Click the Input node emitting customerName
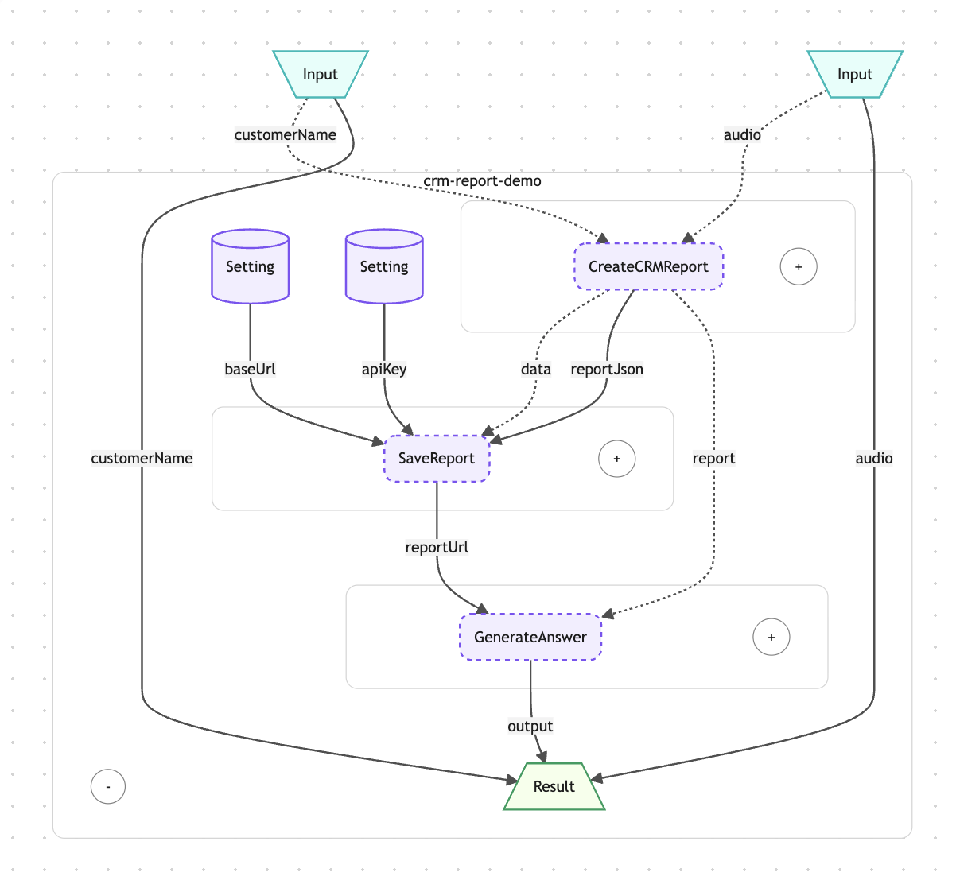[x=320, y=74]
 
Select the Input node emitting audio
[x=854, y=74]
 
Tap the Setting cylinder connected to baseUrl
[x=250, y=266]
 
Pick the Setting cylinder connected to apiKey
[x=383, y=266]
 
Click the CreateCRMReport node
[x=648, y=266]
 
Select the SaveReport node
[x=436, y=458]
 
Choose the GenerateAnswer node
[x=530, y=637]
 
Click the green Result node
[x=554, y=786]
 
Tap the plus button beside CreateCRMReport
[x=798, y=266]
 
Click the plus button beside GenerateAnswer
[x=771, y=637]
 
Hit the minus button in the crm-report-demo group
[x=108, y=786]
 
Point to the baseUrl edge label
[x=250, y=369]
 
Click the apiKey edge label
[x=383, y=369]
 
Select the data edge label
[x=535, y=369]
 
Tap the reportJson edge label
[x=607, y=369]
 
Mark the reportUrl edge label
[x=436, y=547]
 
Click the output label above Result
[x=530, y=726]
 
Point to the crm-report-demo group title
[x=482, y=181]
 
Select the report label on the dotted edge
[x=713, y=458]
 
